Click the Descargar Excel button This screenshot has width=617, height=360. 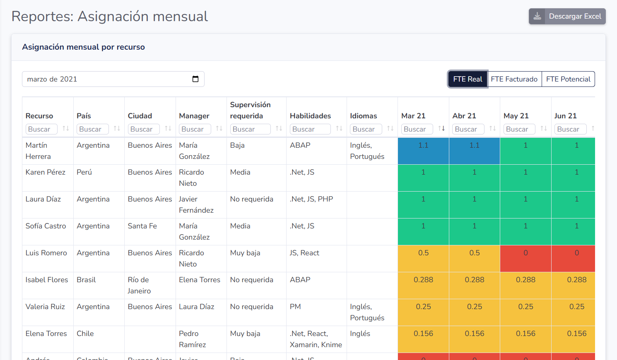click(x=567, y=17)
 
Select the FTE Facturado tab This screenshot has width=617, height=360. click(x=514, y=79)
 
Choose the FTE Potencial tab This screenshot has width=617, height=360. click(x=568, y=79)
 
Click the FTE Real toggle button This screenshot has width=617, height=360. click(x=468, y=79)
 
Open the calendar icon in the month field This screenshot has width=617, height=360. click(x=195, y=79)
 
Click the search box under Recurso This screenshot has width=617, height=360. click(x=41, y=129)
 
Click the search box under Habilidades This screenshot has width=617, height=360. click(x=310, y=129)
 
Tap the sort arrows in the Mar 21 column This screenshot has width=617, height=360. click(x=441, y=129)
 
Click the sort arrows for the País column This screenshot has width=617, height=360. click(x=117, y=129)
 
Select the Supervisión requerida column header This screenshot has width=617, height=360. click(x=251, y=110)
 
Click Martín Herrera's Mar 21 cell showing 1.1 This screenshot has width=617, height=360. click(x=423, y=151)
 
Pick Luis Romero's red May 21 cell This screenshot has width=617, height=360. click(x=525, y=258)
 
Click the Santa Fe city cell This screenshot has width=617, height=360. click(x=142, y=226)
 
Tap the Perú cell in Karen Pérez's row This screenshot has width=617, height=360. click(x=84, y=173)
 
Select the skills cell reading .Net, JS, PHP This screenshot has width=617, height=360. click(x=311, y=199)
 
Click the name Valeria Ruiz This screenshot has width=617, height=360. click(x=45, y=307)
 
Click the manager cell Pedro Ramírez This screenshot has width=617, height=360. click(x=193, y=339)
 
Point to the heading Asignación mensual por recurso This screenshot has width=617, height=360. click(x=84, y=47)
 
